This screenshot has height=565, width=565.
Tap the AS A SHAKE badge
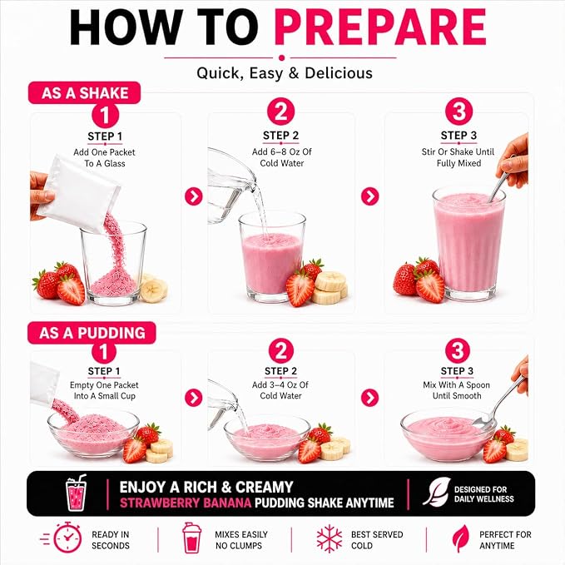84,93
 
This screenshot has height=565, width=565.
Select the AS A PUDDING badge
92,333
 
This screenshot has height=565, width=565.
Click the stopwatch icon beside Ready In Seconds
67,537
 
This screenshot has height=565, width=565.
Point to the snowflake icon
329,538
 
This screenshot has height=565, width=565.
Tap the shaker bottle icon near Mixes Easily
191,538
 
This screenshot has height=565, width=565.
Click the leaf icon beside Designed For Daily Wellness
436,492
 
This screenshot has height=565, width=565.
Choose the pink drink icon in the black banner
76,493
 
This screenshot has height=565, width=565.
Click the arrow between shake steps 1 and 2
194,196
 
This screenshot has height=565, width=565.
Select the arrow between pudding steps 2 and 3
369,398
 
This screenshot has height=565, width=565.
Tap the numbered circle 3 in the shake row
458,112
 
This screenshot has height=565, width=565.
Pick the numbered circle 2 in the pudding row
280,350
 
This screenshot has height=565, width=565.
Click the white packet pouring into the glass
81,194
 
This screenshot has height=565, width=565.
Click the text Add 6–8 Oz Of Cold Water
282,157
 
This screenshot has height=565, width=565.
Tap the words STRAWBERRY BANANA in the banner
186,503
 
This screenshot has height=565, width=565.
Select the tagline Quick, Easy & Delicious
285,73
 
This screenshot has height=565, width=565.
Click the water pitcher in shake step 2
231,185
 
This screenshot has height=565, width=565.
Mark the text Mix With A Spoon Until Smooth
457,390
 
